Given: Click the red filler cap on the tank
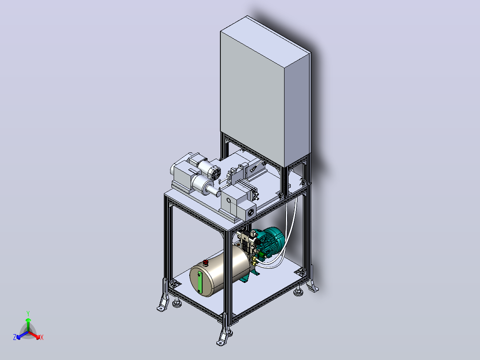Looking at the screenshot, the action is click(x=205, y=262).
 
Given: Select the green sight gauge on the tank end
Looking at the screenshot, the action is click(x=199, y=282).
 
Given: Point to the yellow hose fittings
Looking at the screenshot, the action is click(x=254, y=261).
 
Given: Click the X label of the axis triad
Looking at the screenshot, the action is click(x=42, y=337).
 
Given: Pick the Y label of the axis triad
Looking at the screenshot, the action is click(x=28, y=313).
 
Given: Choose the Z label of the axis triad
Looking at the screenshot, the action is click(x=15, y=337).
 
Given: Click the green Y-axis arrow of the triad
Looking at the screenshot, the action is click(x=28, y=325).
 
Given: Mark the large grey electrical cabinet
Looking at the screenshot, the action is click(x=265, y=91).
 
